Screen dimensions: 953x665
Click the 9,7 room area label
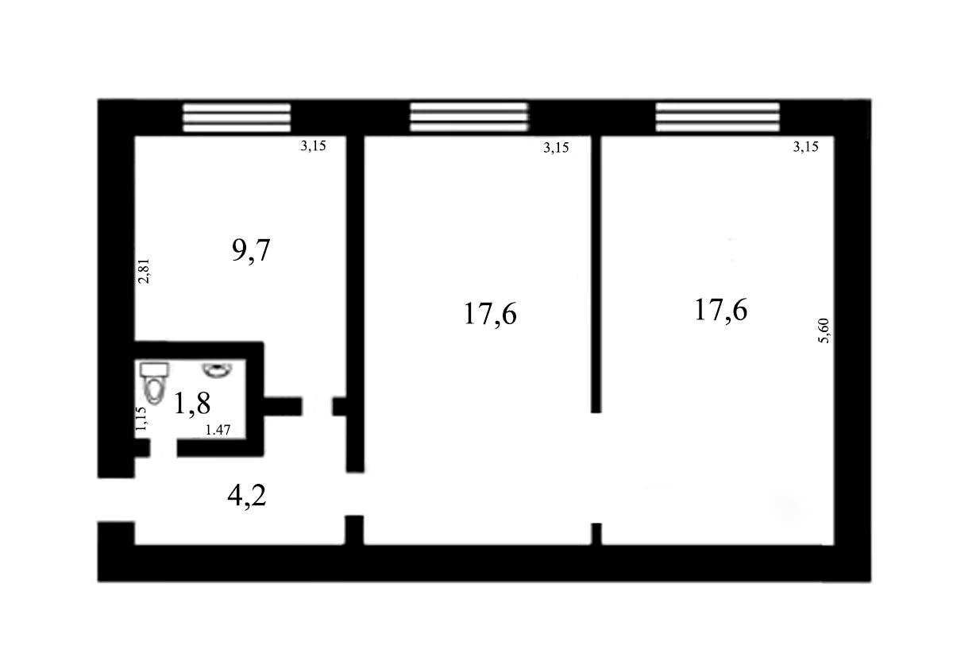(251, 251)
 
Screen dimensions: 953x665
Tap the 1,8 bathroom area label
(192, 404)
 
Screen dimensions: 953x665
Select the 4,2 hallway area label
(247, 496)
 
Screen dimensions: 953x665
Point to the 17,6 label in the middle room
(490, 314)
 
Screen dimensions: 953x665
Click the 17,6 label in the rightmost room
(721, 310)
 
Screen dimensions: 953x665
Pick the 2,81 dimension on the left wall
(145, 271)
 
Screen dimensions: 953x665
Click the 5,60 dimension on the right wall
(824, 331)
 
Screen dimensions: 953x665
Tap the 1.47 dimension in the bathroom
(218, 430)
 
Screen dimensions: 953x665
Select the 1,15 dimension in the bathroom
(141, 419)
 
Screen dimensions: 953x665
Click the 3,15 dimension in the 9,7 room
(313, 146)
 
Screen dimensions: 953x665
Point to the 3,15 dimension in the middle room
(556, 147)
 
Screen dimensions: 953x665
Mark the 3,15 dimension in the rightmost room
(806, 146)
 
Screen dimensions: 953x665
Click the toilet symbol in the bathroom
(154, 382)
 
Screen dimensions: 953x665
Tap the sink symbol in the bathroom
(217, 369)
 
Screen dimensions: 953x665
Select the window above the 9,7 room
(237, 118)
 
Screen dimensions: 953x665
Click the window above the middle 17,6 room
(469, 117)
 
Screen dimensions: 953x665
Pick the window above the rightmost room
(718, 117)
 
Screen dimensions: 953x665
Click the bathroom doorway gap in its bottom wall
(164, 449)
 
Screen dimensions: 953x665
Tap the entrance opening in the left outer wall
(116, 500)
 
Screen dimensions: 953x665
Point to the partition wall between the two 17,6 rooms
(596, 274)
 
